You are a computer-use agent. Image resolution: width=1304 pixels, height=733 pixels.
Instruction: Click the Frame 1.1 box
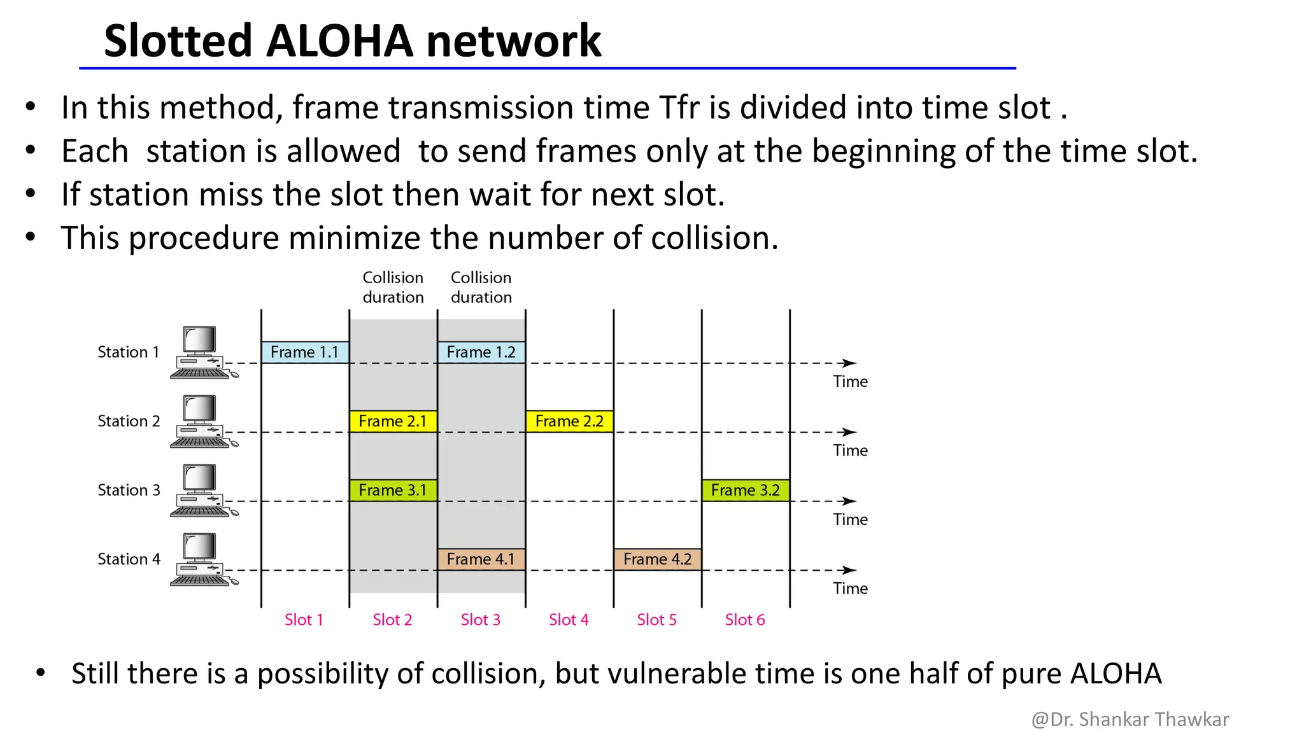[x=305, y=353]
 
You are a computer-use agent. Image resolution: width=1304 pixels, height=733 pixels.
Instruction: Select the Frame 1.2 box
[x=481, y=353]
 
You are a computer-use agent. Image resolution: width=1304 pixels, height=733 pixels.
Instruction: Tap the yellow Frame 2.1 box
[x=393, y=421]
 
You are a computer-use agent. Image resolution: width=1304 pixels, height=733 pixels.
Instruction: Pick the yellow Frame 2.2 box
[x=569, y=421]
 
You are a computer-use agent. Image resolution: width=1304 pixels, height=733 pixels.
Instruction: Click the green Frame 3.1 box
[x=393, y=491]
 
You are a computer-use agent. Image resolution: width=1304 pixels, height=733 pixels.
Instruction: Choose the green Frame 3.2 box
[x=746, y=491]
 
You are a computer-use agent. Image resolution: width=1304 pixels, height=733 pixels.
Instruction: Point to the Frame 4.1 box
[x=481, y=559]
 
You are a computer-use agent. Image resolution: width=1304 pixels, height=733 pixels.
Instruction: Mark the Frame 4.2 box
[x=658, y=559]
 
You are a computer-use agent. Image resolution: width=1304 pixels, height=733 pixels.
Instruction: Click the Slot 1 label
[x=304, y=620]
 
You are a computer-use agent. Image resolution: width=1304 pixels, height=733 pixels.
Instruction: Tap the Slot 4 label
[x=569, y=620]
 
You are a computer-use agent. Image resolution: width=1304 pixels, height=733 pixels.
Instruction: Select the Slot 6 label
[x=745, y=620]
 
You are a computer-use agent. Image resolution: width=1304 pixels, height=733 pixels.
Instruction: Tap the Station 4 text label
[x=129, y=559]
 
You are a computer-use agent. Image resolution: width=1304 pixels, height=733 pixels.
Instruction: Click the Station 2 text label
[x=129, y=421]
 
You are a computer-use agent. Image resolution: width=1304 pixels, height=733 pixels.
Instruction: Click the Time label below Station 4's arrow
[x=850, y=589]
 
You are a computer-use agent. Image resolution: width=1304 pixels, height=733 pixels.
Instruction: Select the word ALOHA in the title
[x=339, y=41]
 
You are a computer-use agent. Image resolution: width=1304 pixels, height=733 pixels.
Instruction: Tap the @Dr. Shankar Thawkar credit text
[x=1130, y=719]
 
